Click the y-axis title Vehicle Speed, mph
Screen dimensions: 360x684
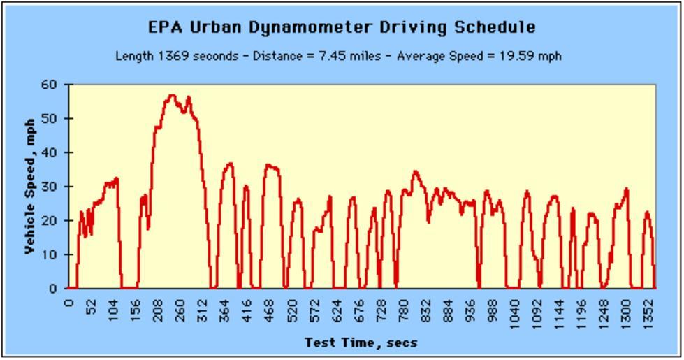[29, 185]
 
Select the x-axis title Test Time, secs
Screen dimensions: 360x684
[361, 343]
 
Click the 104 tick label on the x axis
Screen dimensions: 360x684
[113, 310]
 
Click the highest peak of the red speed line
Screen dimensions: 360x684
[171, 95]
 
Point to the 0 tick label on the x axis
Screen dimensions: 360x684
[68, 303]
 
